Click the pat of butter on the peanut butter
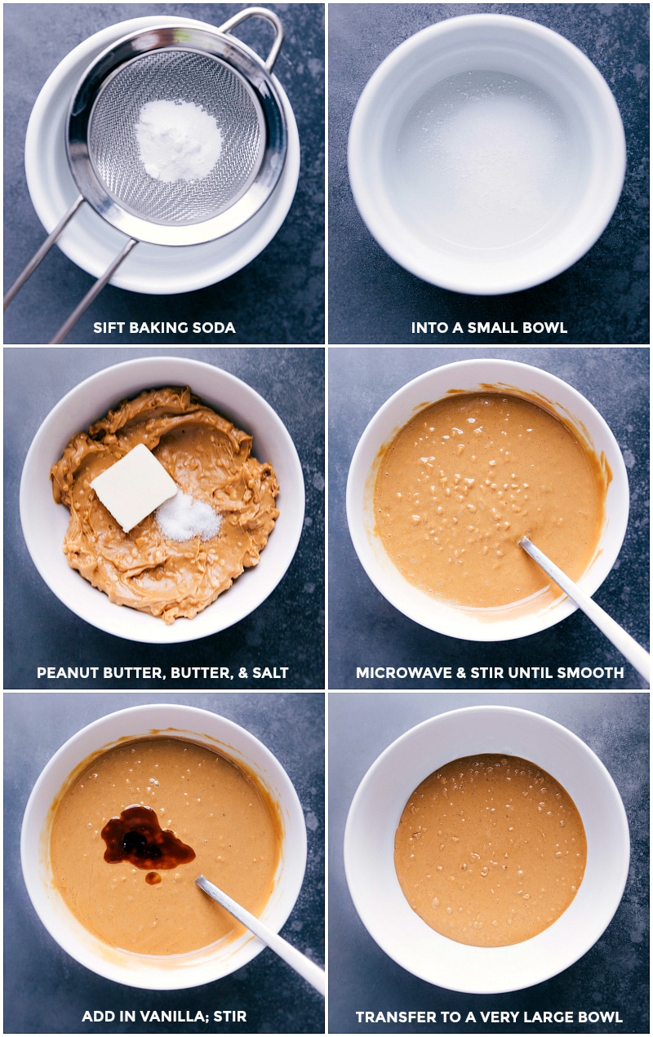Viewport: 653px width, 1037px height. coord(134,486)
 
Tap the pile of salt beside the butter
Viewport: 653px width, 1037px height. coord(187,516)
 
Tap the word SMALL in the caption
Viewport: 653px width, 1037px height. coord(493,328)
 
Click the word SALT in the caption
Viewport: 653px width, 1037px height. coord(270,672)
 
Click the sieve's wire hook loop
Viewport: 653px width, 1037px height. coord(254,29)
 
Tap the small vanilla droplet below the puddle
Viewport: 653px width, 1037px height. coord(153,878)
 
